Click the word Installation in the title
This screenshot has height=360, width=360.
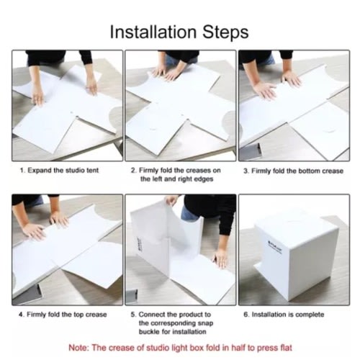153,32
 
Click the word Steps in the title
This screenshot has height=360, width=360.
225,32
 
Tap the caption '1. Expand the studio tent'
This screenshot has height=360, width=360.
59,171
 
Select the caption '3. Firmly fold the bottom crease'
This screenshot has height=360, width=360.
293,171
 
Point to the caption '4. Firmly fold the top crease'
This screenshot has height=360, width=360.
63,315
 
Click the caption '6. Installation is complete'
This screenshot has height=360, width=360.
284,315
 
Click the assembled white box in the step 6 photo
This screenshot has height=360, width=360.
297,254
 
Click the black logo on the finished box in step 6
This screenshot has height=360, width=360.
275,247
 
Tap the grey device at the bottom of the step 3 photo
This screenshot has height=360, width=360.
250,151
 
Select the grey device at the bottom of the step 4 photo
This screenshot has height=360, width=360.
27,294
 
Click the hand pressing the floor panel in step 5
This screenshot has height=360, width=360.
220,258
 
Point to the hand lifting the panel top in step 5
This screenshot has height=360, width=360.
172,200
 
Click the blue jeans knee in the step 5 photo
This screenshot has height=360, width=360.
189,214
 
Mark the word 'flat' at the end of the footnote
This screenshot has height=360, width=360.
286,348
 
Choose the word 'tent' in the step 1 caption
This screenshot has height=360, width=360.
92,171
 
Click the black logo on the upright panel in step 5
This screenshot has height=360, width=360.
139,245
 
